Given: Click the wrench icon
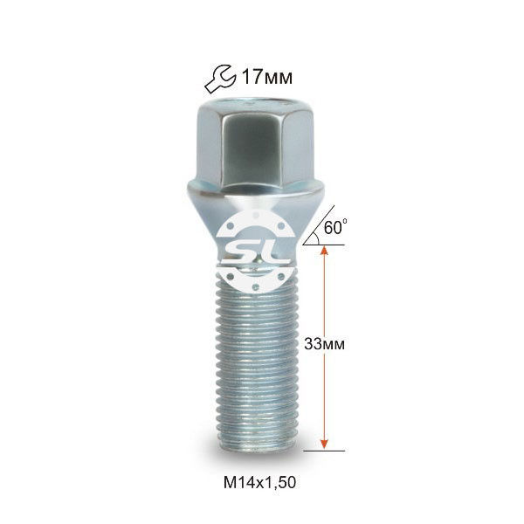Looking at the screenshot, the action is click(220, 79).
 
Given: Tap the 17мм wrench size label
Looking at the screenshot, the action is click(266, 78).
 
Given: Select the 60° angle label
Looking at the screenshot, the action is click(335, 228).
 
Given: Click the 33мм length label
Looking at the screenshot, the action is click(324, 344).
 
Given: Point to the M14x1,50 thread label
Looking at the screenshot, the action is click(259, 483).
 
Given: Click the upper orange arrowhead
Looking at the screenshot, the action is click(324, 251).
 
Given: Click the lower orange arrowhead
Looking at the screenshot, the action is click(324, 445).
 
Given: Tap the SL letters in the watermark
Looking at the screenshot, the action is click(253, 253).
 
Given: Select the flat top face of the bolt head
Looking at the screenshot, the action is click(256, 101).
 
